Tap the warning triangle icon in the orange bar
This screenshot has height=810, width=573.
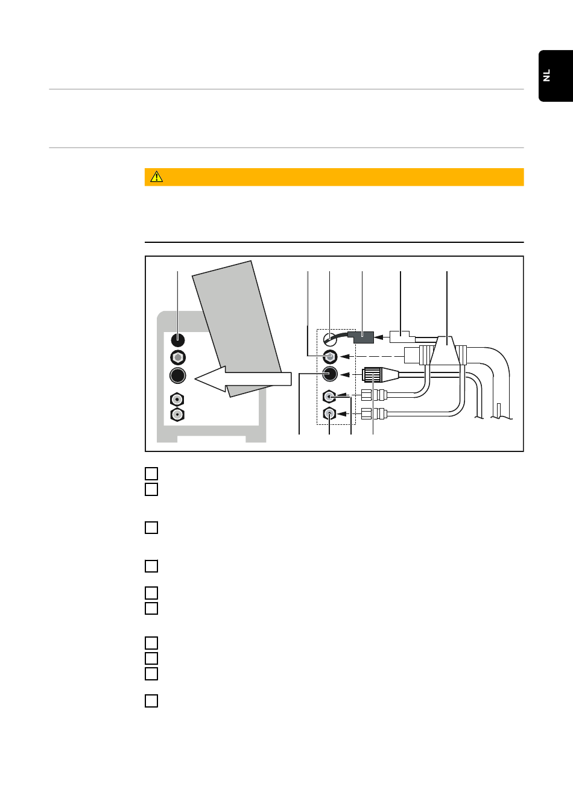pos(157,177)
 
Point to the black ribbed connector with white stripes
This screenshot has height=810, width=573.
pos(373,375)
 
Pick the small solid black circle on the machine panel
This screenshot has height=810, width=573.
pos(177,340)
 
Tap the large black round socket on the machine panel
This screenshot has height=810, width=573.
pos(177,375)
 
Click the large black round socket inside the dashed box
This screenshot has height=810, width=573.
pos(329,374)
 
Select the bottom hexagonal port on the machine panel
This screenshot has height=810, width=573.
pos(177,415)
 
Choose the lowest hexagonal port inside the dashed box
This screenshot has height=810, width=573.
pos(329,414)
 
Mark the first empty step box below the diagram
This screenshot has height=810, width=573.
pos(151,474)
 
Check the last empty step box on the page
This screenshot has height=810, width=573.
pos(151,701)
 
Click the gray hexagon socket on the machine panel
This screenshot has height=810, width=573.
pos(177,357)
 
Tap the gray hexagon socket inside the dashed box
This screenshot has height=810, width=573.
pos(329,356)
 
